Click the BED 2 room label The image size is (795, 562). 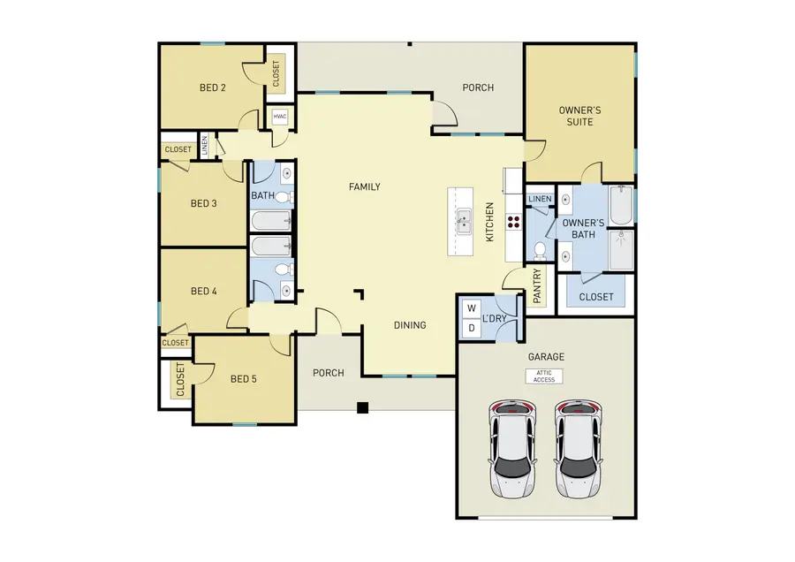tap(213, 87)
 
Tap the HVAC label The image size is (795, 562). tap(280, 117)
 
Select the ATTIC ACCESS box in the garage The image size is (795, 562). tap(544, 376)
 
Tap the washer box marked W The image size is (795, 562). tap(472, 309)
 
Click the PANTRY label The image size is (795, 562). tap(536, 286)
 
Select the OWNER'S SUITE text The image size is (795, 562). tap(579, 116)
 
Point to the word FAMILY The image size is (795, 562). tap(364, 186)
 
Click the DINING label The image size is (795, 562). tap(410, 325)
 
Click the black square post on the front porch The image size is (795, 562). tap(361, 407)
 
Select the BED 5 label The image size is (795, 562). tap(244, 379)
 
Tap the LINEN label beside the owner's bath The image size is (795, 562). tap(540, 200)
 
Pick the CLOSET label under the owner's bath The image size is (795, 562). tap(595, 297)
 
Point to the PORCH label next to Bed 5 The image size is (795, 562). tap(328, 373)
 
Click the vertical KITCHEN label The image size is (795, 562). tap(490, 223)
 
